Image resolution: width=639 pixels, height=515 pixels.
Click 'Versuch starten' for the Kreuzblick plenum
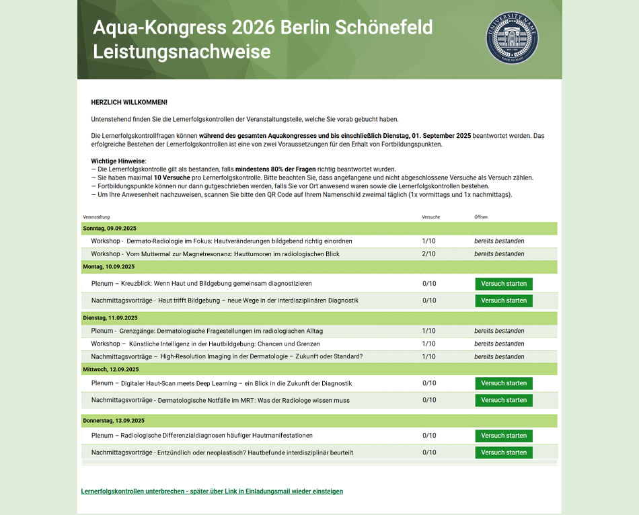tap(504, 284)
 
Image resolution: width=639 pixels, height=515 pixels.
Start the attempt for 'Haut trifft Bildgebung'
tap(504, 301)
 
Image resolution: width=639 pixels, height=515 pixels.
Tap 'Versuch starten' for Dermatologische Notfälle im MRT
tap(504, 400)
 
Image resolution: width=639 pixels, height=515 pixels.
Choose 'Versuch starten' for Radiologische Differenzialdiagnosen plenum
tap(504, 436)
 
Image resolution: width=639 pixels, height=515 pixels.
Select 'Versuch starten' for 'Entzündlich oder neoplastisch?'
tap(504, 452)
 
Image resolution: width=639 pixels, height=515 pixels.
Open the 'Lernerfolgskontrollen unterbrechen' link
tap(212, 491)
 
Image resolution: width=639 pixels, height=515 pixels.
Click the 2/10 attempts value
tap(428, 254)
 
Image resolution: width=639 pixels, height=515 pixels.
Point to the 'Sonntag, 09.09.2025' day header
tap(110, 229)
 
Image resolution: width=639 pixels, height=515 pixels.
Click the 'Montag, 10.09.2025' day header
tap(110, 267)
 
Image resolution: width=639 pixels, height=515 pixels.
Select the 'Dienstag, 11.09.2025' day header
tap(110, 318)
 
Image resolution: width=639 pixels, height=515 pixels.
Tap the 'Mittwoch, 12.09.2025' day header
tap(111, 369)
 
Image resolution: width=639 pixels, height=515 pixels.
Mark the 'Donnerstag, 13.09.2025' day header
tap(114, 421)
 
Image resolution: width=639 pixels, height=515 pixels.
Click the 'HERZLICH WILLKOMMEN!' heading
tap(129, 102)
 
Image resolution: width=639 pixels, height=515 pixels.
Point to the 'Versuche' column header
tap(430, 217)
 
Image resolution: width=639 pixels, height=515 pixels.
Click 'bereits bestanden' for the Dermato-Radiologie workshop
tap(499, 241)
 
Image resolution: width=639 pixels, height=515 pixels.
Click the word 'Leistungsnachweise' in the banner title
tap(182, 52)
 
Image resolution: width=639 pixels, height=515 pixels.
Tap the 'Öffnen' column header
tap(481, 217)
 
